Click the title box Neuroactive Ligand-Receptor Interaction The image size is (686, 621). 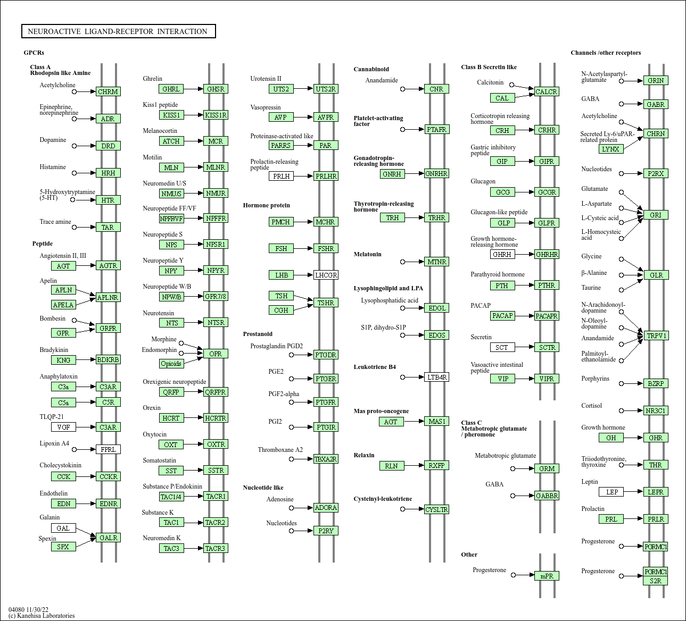tap(118, 31)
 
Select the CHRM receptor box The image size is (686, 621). tap(108, 91)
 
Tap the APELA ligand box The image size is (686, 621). tap(63, 305)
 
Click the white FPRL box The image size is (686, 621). tap(108, 449)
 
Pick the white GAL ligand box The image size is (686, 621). tap(63, 528)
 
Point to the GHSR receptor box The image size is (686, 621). tap(216, 89)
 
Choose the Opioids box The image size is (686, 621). tap(171, 364)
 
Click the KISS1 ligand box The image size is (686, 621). tap(171, 115)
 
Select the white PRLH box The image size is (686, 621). tap(281, 176)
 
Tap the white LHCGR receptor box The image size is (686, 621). tap(326, 275)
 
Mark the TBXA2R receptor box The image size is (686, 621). tap(326, 459)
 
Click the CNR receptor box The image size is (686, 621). tap(436, 89)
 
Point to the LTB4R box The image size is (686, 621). tap(436, 377)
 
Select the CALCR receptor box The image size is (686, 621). tap(546, 91)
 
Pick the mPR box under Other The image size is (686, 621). tap(547, 576)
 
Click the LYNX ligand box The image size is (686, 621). tap(610, 149)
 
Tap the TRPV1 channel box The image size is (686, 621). tap(656, 335)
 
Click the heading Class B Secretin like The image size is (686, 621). tap(489, 67)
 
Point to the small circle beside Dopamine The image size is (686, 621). tap(75, 146)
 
